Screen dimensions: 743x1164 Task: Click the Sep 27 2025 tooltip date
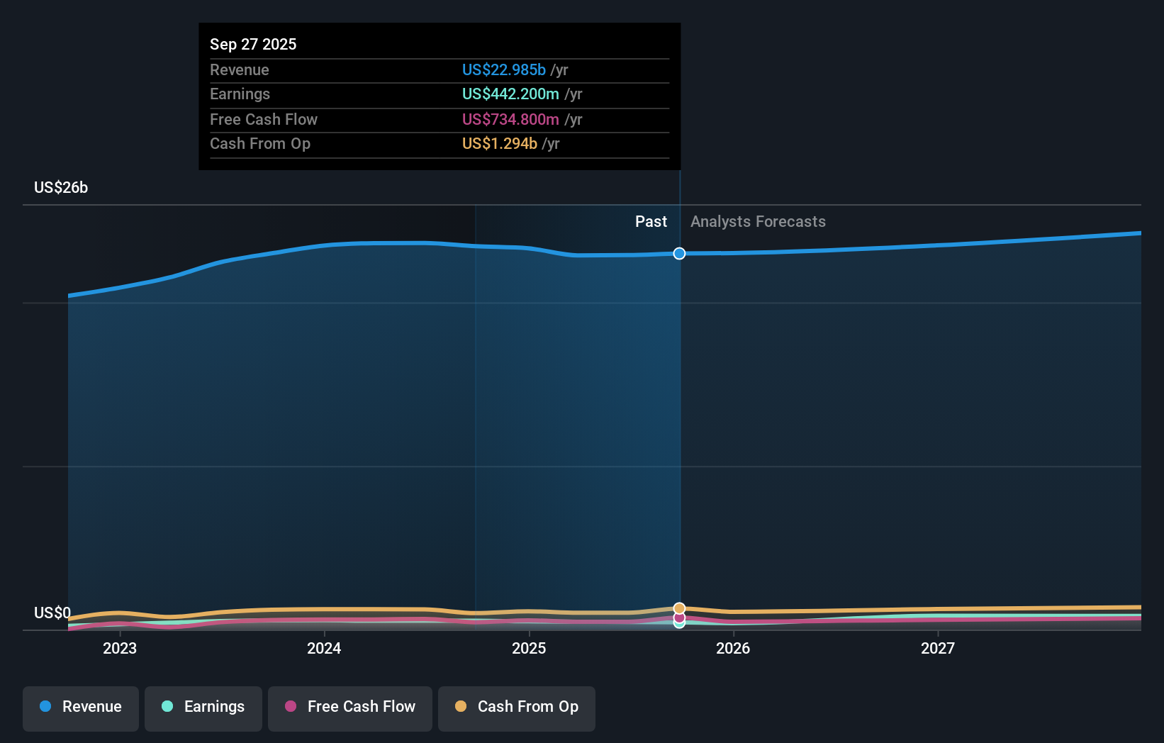(x=253, y=44)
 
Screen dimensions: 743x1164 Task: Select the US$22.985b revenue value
(x=503, y=69)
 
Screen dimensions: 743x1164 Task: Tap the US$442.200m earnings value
(x=510, y=94)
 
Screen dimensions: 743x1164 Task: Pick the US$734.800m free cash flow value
(x=510, y=119)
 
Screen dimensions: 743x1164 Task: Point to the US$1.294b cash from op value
(x=499, y=144)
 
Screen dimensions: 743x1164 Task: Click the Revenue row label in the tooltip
(x=240, y=69)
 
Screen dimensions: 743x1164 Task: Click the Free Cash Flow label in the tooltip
(x=264, y=119)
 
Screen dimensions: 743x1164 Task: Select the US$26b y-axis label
(x=61, y=187)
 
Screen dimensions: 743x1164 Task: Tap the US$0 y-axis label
(x=52, y=613)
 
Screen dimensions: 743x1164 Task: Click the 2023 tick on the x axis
(x=120, y=648)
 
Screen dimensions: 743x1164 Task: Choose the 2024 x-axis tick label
(x=324, y=648)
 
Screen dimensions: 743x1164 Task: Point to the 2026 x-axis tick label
(x=733, y=648)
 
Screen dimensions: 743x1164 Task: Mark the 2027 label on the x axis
(x=937, y=648)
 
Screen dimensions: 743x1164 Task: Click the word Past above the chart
(x=651, y=221)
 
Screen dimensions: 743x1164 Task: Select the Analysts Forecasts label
(x=758, y=221)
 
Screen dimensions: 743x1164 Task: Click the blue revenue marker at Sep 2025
(x=679, y=254)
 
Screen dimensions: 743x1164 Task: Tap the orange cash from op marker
(x=679, y=608)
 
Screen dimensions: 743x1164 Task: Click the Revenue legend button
(x=81, y=708)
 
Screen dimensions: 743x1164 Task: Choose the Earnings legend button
(x=203, y=708)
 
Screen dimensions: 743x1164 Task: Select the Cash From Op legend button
(x=517, y=708)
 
